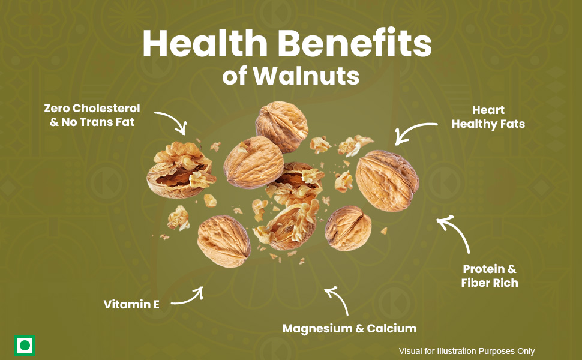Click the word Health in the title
point(205,43)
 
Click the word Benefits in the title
point(355,43)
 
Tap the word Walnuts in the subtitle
point(306,76)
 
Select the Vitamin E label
point(131,304)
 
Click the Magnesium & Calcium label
point(349,328)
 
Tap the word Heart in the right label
point(488,110)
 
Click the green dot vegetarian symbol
point(25,346)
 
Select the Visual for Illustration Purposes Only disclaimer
point(467,351)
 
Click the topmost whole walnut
point(281,126)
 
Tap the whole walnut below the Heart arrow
point(387,181)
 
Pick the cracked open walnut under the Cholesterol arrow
point(181,170)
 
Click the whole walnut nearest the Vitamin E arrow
point(224,241)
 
